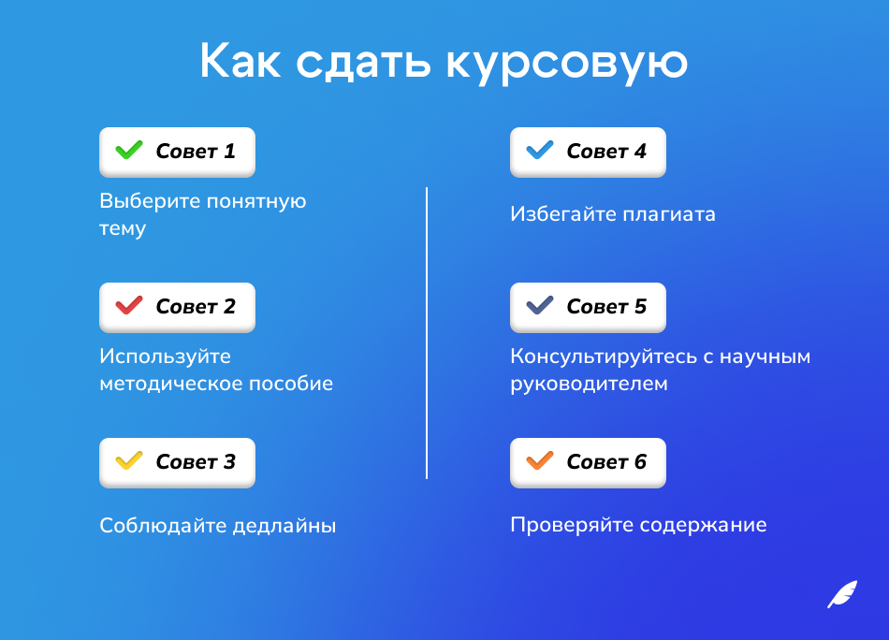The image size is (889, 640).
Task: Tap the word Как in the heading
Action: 241,62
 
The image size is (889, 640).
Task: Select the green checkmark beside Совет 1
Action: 128,150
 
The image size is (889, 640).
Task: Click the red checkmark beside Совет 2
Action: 128,305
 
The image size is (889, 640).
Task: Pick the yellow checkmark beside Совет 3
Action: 128,460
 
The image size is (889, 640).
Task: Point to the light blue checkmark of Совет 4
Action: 540,150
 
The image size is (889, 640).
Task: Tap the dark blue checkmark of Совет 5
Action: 540,305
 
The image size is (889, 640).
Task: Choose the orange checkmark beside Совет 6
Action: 540,460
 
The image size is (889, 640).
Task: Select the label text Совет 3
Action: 196,462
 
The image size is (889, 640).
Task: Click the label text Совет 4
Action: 606,152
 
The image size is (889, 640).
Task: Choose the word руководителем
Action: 589,385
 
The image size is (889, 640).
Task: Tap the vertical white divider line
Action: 427,333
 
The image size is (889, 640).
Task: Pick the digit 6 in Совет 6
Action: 640,462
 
